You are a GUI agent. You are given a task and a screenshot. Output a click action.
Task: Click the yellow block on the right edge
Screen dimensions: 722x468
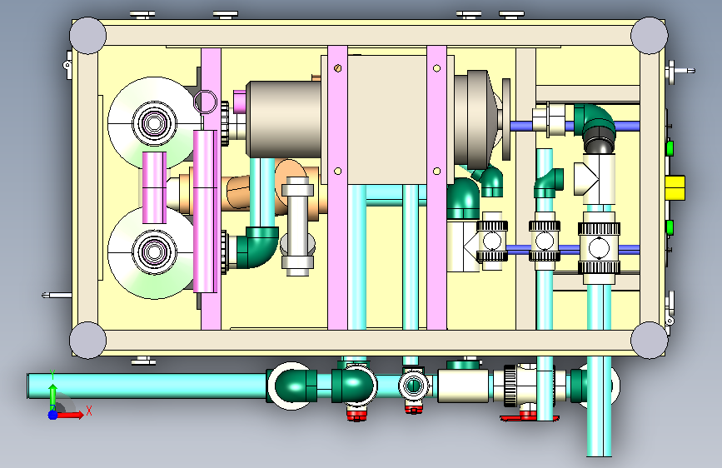675,187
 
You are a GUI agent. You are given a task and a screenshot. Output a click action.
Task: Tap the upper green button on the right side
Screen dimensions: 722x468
670,148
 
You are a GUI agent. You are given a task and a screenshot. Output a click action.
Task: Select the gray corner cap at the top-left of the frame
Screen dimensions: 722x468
87,36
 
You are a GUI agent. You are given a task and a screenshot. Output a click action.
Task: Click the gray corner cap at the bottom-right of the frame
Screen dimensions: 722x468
649,340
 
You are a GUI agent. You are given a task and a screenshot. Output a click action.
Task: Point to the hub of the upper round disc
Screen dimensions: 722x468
154,122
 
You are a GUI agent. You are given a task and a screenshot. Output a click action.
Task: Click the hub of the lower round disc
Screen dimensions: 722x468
154,251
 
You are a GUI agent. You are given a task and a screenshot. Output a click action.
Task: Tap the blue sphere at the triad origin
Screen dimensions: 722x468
53,415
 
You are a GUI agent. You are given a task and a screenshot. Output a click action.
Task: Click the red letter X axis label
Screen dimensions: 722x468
89,411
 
